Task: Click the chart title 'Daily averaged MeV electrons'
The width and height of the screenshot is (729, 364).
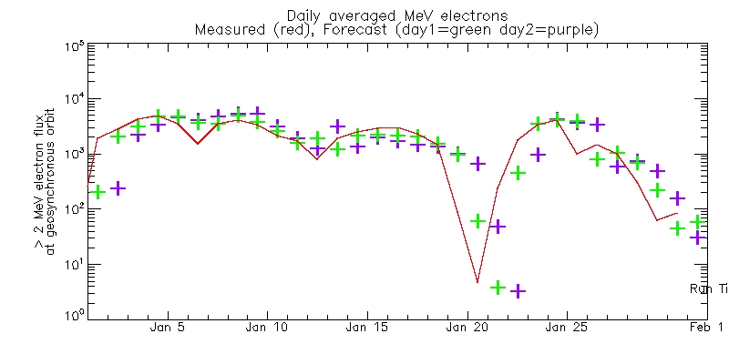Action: (x=396, y=15)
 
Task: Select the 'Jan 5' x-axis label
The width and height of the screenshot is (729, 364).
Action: (x=168, y=327)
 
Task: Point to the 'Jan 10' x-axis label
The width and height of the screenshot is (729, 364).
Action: (x=268, y=327)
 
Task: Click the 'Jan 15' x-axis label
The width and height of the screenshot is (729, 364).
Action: (x=367, y=327)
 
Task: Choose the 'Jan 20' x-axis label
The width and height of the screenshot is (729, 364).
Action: (x=467, y=327)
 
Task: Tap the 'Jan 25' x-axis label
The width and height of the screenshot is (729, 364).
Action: (x=568, y=327)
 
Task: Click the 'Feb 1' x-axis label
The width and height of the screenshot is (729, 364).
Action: (x=707, y=327)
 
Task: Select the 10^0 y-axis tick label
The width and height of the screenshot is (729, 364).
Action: (x=75, y=315)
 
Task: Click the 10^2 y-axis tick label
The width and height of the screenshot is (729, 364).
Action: (x=75, y=207)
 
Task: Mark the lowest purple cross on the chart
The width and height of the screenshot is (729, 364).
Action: (x=518, y=291)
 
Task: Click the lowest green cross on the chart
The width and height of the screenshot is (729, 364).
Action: (x=498, y=288)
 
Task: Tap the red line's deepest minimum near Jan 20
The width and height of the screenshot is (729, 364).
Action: (x=477, y=282)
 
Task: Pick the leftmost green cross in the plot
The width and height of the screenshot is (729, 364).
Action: (x=98, y=192)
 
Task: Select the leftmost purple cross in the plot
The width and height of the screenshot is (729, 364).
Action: (x=118, y=188)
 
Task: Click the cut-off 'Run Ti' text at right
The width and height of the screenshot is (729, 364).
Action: (x=708, y=288)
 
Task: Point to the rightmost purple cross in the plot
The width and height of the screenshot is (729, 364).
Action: (x=698, y=238)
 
